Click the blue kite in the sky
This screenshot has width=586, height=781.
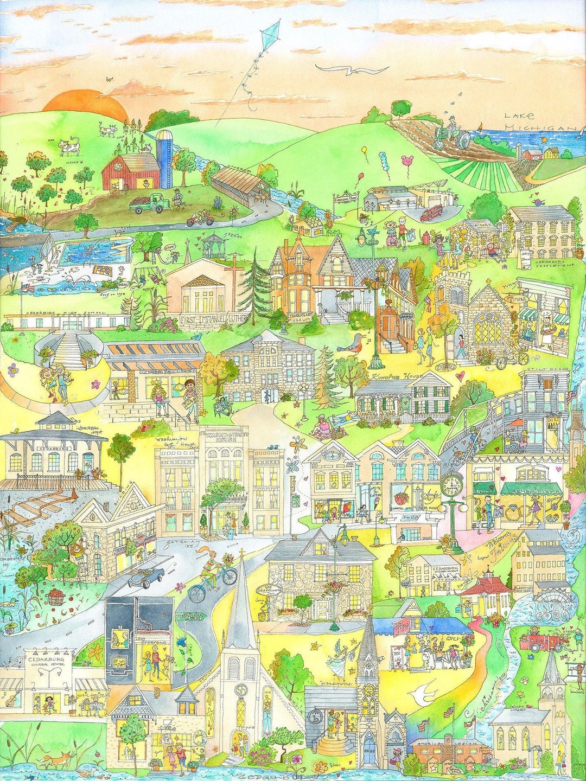pos(270,35)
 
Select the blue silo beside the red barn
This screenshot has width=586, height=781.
pos(164,157)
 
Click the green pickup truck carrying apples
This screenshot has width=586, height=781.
pos(146,203)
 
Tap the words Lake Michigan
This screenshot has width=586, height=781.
pos(537,121)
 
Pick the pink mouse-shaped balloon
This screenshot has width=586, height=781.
pos(405,161)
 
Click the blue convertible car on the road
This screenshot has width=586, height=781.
pos(146,576)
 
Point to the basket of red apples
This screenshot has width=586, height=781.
pos(56,597)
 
